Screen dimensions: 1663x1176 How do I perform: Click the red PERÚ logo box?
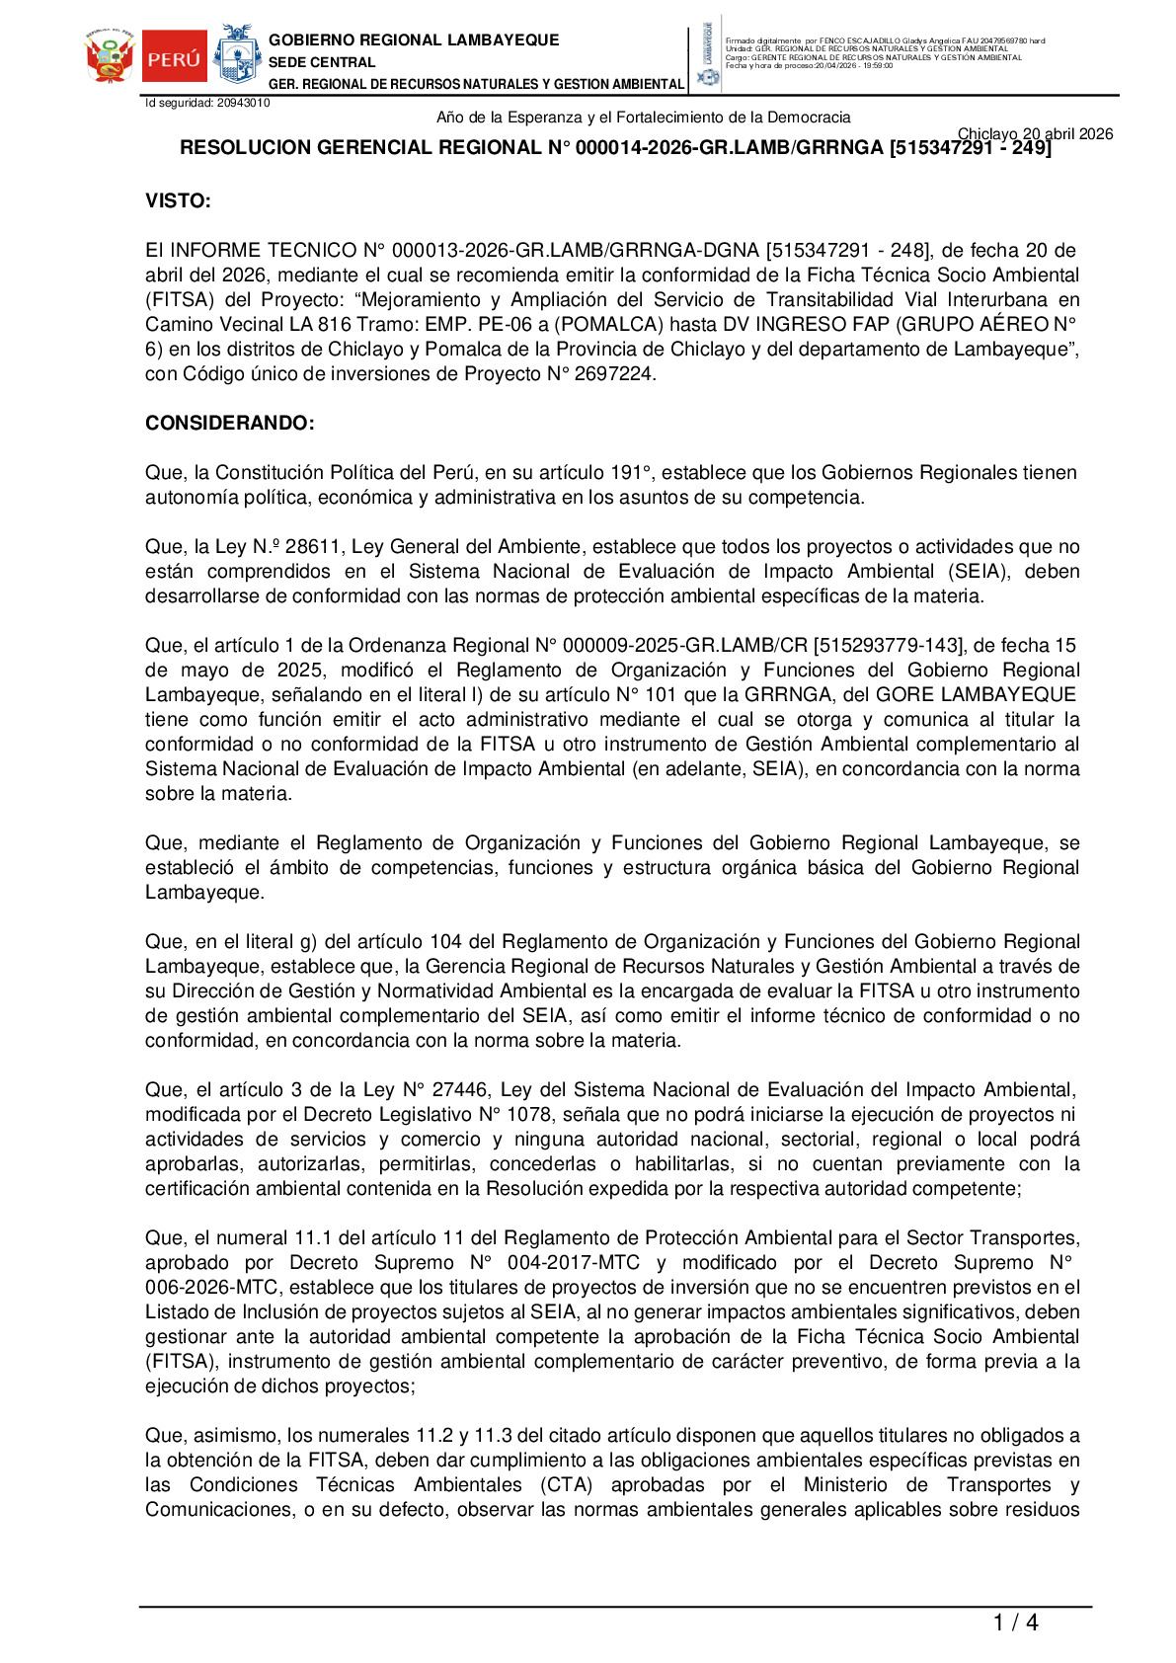pyautogui.click(x=175, y=58)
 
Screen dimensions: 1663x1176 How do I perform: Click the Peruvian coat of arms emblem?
pyautogui.click(x=110, y=58)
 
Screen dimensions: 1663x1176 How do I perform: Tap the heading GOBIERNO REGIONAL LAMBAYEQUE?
pyautogui.click(x=414, y=40)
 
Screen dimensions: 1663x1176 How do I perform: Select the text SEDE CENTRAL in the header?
pyautogui.click(x=322, y=62)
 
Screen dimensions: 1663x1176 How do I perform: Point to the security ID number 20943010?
pyautogui.click(x=243, y=103)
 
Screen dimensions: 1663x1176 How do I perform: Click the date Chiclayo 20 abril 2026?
pyautogui.click(x=1035, y=134)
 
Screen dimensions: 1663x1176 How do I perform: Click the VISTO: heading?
pyautogui.click(x=178, y=201)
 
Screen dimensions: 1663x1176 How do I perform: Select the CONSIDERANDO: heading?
pyautogui.click(x=230, y=424)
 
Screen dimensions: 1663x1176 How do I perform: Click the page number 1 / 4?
pyautogui.click(x=1015, y=1623)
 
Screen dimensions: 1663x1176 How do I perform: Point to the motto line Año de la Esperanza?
pyautogui.click(x=643, y=118)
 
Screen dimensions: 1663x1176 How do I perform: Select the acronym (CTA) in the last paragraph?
pyautogui.click(x=566, y=1485)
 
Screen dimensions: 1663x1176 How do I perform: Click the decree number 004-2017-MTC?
pyautogui.click(x=573, y=1263)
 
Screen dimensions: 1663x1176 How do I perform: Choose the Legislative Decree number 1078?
pyautogui.click(x=529, y=1115)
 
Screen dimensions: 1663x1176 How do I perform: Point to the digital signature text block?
pyautogui.click(x=885, y=53)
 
